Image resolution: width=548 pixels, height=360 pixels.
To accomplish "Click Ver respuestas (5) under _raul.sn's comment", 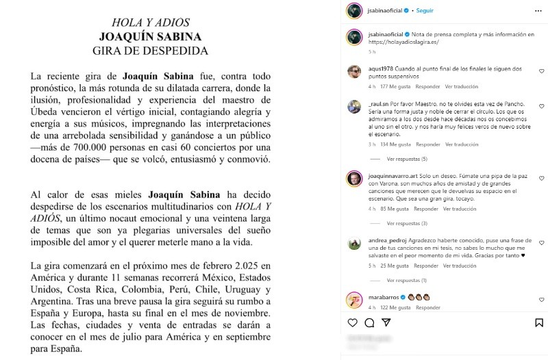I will [407, 159].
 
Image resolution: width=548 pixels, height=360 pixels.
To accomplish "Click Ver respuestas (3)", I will [407, 223].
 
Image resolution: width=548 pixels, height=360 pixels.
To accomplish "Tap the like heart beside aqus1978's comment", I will [541, 71].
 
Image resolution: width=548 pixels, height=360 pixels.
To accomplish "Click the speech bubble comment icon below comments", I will [369, 323].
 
